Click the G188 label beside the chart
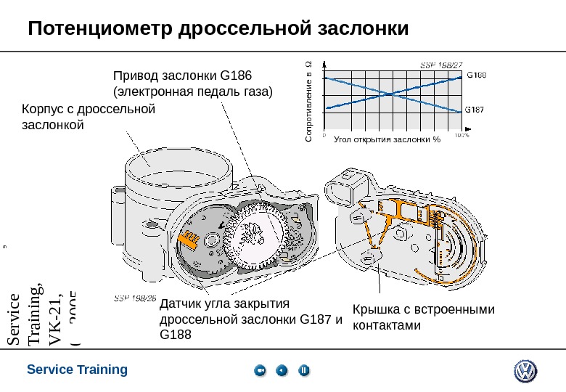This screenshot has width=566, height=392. [x=475, y=74]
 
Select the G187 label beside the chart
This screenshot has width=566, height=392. [x=475, y=110]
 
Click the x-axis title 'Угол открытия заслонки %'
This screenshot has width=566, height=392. [x=387, y=139]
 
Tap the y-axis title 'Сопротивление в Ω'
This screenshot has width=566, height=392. [x=308, y=101]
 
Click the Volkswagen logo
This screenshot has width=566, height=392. [x=525, y=372]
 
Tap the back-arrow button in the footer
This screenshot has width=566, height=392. [x=282, y=371]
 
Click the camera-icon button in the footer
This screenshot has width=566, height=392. [x=261, y=371]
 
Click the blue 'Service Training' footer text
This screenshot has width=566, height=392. [x=77, y=369]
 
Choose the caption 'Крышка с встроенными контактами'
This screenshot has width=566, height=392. [x=423, y=317]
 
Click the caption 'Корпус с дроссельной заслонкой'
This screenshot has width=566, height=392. [x=89, y=117]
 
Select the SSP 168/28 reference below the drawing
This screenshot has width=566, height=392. [x=135, y=298]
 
